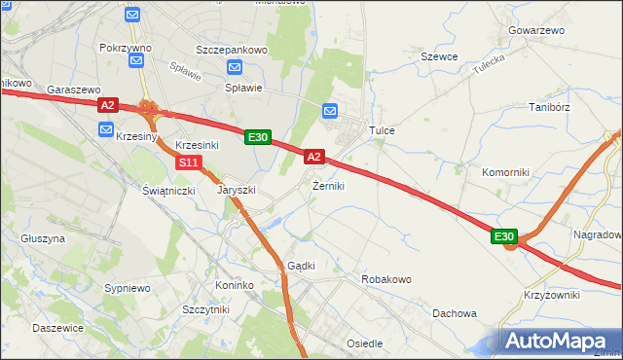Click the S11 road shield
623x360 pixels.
pos(191,162)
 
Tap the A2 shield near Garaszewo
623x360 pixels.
pos(107,105)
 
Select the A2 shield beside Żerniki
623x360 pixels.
pos(313,156)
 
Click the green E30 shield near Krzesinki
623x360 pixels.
pos(257,138)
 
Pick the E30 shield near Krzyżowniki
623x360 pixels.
pos(503,236)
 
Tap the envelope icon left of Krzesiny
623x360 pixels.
pos(104,128)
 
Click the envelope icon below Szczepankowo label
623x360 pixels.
pos(234,67)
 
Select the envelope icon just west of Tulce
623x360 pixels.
pos(330,111)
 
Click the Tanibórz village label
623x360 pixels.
pos(547,107)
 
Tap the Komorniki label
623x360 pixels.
pos(505,172)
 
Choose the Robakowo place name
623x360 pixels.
pos(386,279)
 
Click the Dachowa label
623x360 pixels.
pos(455,313)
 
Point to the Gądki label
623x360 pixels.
pos(300,266)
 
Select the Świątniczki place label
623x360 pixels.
pos(170,190)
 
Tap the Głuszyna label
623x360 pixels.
pos(43,237)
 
